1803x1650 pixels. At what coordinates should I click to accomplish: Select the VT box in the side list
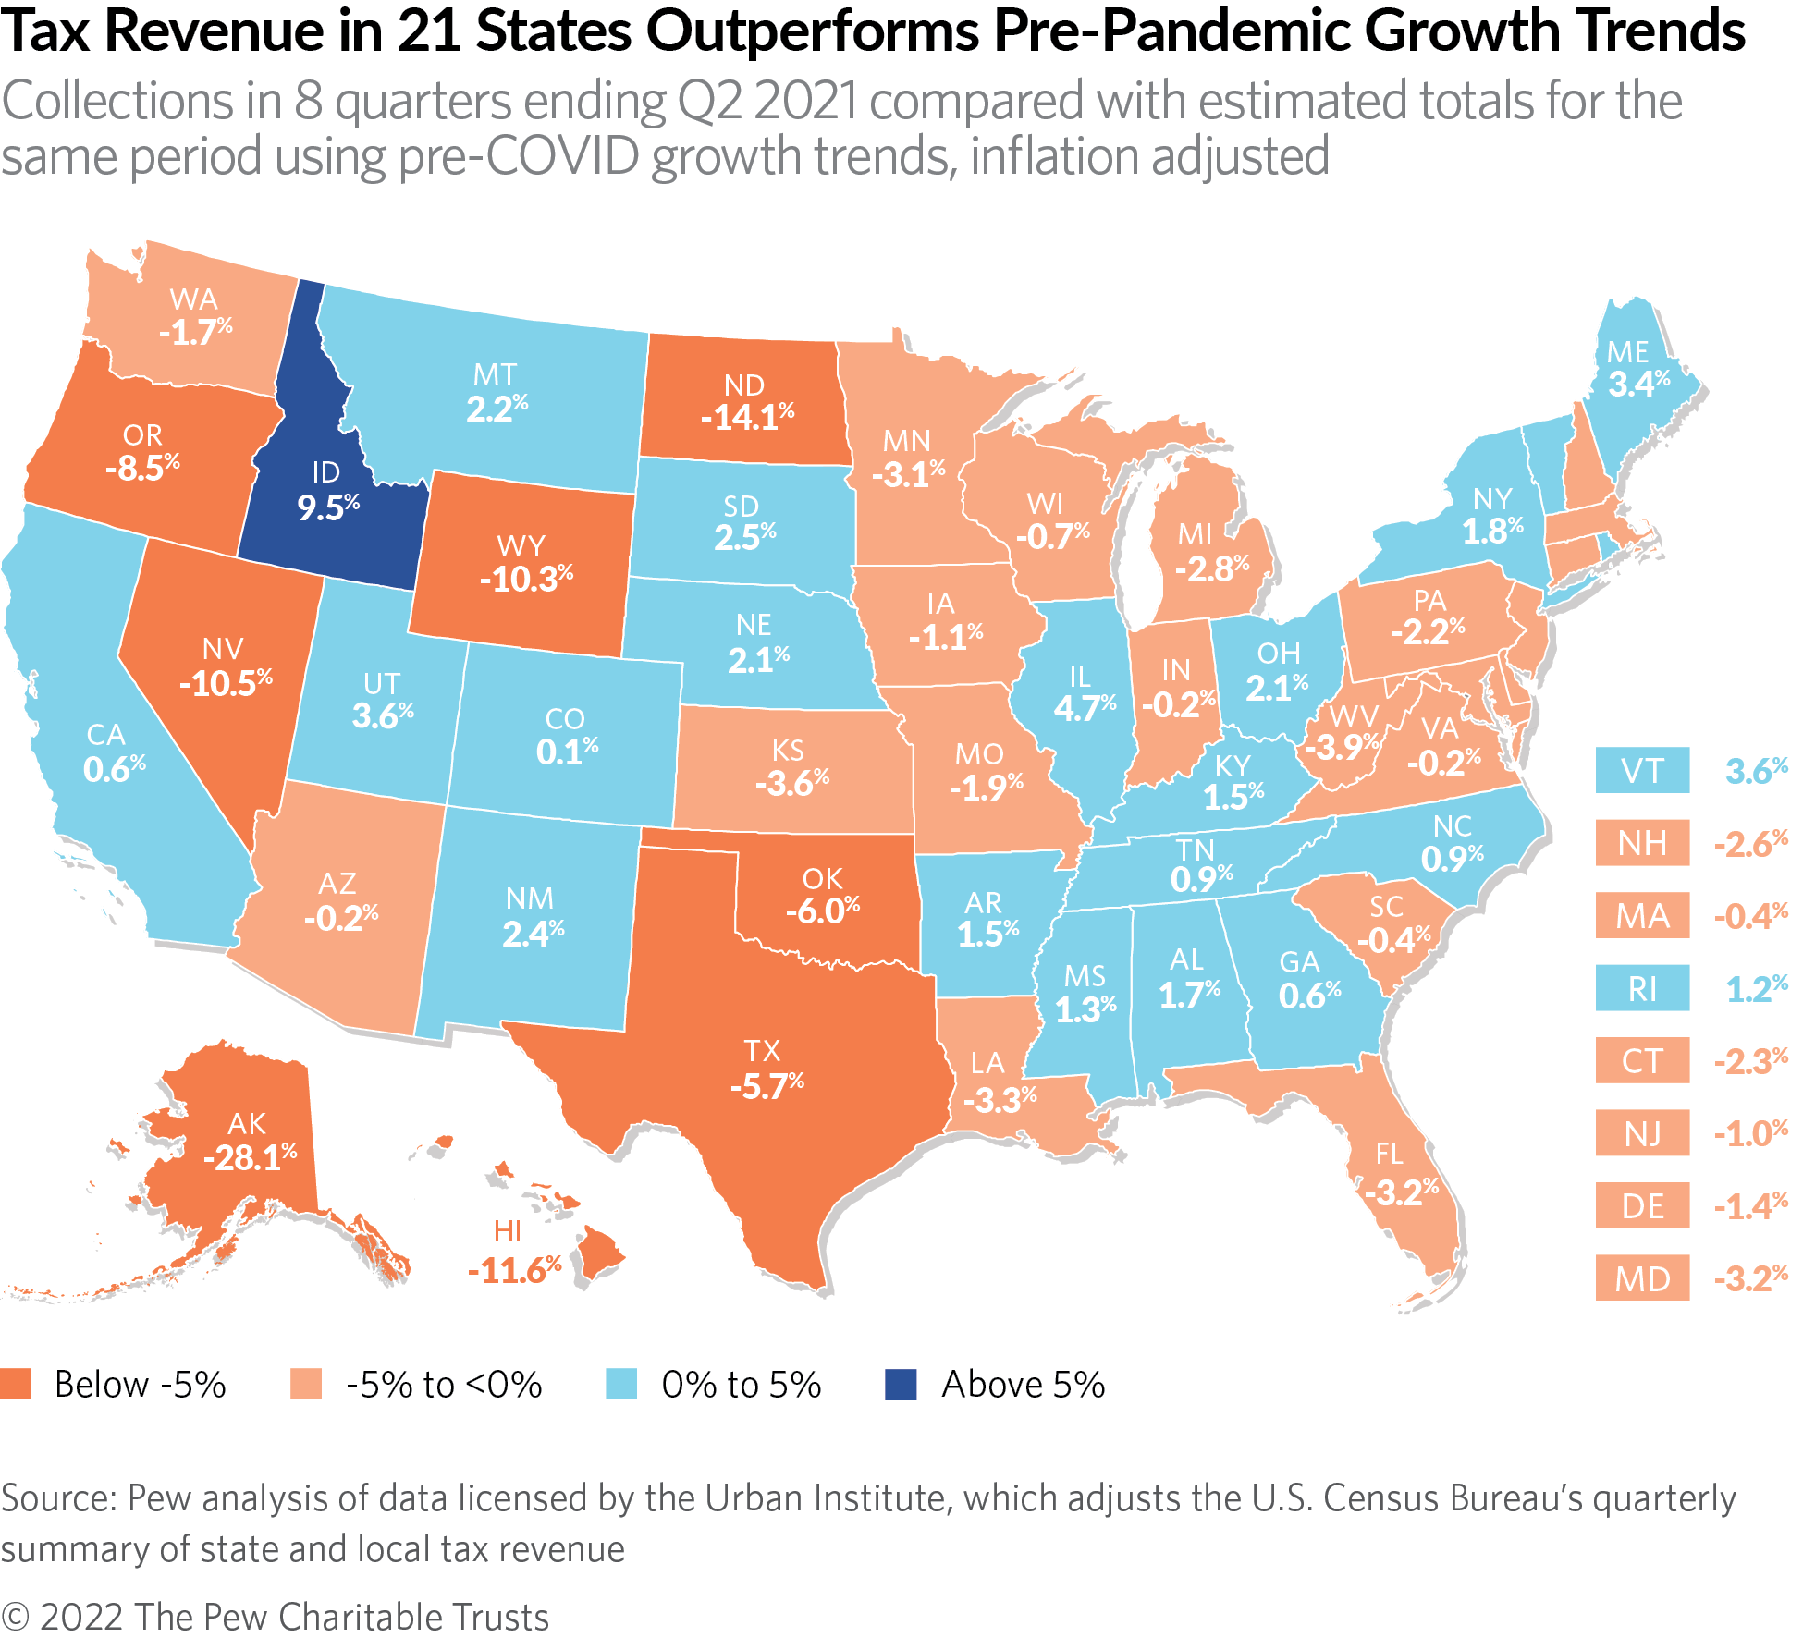[x=1642, y=771]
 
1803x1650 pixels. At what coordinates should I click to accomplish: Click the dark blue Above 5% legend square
[x=901, y=1385]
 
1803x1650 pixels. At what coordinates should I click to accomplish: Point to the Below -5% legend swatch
[x=16, y=1385]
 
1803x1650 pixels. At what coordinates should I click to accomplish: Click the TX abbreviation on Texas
[x=763, y=1051]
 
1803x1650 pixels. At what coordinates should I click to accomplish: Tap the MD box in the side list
[x=1642, y=1278]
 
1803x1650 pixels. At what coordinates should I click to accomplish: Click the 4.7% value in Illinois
[x=1085, y=709]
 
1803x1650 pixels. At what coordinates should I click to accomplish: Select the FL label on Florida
[x=1389, y=1154]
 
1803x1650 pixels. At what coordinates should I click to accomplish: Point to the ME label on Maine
[x=1627, y=352]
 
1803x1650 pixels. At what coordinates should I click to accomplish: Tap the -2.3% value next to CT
[x=1750, y=1061]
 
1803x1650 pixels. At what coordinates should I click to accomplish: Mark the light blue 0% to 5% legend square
[x=621, y=1385]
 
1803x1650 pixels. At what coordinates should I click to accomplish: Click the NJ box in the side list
[x=1642, y=1133]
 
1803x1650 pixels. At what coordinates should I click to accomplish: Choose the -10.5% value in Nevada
[x=226, y=684]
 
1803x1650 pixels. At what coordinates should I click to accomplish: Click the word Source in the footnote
[x=57, y=1498]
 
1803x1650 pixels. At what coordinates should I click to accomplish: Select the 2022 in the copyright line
[x=81, y=1618]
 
